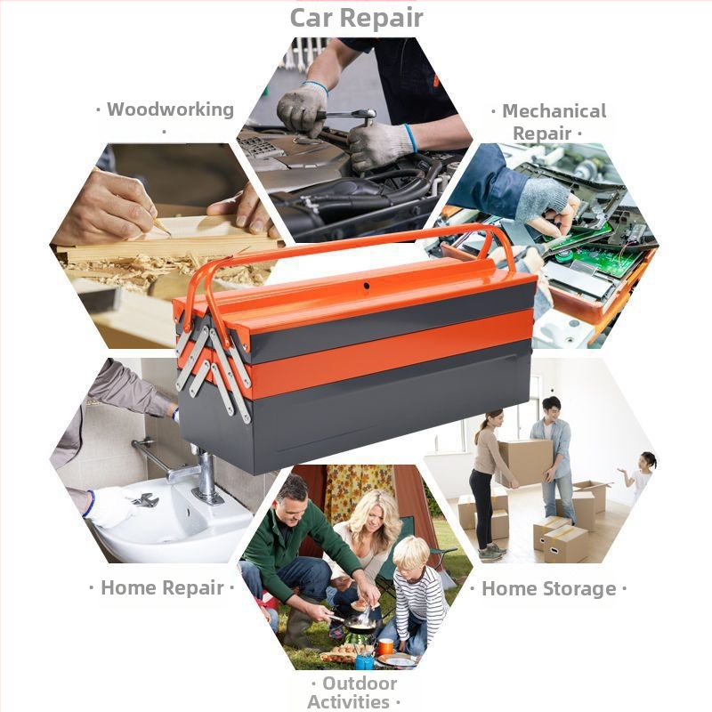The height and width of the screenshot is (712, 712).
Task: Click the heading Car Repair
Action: [x=357, y=18]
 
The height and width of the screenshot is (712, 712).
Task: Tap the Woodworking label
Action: [x=170, y=109]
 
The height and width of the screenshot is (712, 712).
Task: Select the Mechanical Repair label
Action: [x=554, y=122]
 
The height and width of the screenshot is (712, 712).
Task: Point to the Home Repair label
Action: [x=162, y=587]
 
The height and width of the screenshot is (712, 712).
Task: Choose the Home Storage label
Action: [x=548, y=588]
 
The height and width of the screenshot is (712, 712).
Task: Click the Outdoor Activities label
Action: [x=354, y=692]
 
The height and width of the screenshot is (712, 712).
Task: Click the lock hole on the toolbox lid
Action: [x=366, y=286]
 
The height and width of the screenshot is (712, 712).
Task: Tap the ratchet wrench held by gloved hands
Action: [x=347, y=116]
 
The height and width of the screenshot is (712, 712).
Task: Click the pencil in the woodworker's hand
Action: [x=161, y=226]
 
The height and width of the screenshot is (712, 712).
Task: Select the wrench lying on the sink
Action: [x=145, y=500]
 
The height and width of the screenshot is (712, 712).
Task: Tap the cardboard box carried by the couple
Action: [x=526, y=462]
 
